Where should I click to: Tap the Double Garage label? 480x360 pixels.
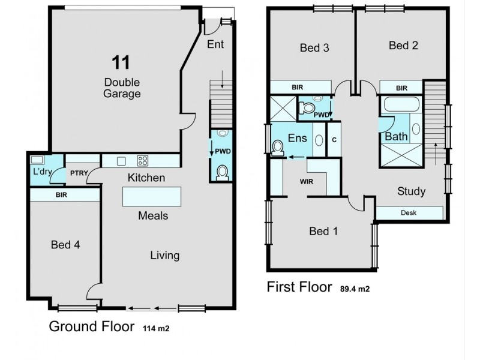[122, 88]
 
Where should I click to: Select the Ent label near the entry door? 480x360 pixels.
[215, 45]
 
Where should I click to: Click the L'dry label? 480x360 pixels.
[43, 172]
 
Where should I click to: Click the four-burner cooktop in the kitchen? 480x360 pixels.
[143, 161]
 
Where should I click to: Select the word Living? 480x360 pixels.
[164, 256]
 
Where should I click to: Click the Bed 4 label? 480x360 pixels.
[65, 245]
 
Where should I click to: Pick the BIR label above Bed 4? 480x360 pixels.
[61, 195]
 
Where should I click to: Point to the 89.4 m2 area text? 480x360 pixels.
[355, 289]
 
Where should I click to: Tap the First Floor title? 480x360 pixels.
[299, 287]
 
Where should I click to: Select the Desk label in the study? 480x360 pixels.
[409, 213]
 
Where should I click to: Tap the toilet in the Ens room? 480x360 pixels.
[278, 148]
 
